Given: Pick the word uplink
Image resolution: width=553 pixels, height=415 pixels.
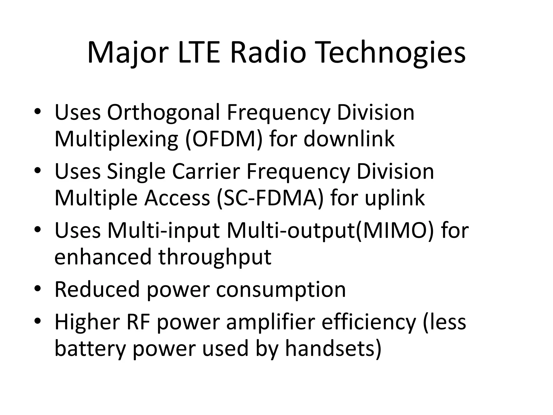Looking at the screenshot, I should (395, 198).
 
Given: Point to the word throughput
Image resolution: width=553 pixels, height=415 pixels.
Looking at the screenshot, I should (215, 257).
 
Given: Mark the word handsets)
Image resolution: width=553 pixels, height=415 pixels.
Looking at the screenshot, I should (333, 349).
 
